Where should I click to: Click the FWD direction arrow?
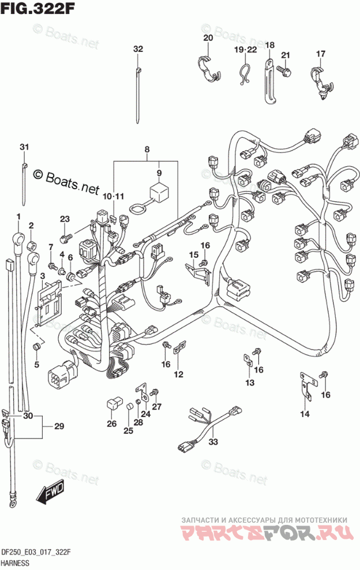(50, 493)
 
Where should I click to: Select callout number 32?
(137, 49)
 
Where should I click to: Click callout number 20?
(208, 38)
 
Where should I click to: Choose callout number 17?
(321, 54)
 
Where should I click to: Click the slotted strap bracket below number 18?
(269, 81)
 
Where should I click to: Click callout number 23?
(64, 218)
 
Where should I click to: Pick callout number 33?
(213, 442)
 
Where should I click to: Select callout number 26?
(111, 424)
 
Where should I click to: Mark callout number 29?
(59, 426)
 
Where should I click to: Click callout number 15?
(193, 254)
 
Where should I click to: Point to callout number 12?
(178, 374)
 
